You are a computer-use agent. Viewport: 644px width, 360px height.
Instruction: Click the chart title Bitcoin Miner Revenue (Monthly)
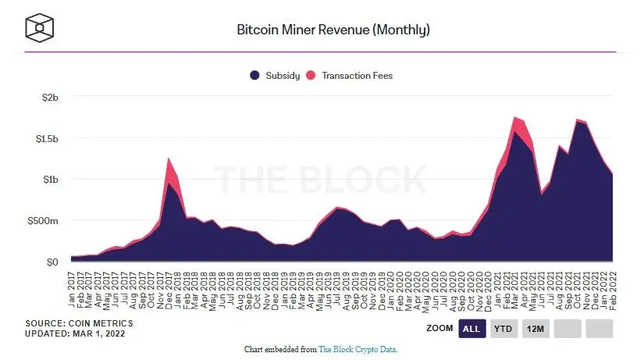(x=333, y=30)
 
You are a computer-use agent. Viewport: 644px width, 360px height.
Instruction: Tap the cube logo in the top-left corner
(x=40, y=29)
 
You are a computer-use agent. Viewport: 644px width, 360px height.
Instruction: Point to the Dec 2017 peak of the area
(x=169, y=159)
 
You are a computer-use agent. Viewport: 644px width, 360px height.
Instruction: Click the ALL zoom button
(x=471, y=330)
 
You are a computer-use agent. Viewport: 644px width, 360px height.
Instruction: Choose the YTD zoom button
(x=503, y=330)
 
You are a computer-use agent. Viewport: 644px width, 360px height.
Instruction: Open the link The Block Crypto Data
(x=358, y=349)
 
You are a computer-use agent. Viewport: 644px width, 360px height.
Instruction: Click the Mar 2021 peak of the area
(x=515, y=118)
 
